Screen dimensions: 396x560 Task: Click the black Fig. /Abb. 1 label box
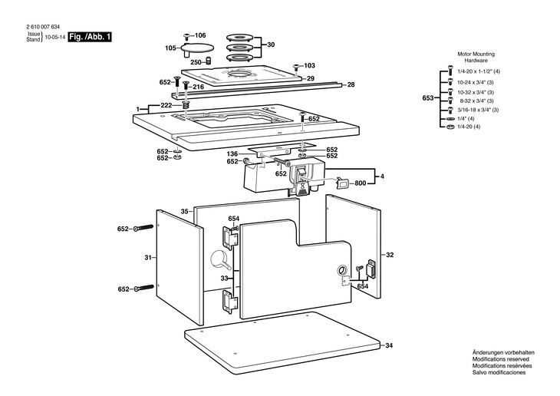89,36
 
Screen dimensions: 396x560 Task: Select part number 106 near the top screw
200,36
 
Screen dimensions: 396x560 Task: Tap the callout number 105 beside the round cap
170,48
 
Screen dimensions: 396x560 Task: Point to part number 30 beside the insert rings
270,45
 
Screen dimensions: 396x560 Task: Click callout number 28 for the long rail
351,84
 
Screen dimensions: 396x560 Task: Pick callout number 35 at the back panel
184,211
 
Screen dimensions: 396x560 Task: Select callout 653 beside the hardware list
428,98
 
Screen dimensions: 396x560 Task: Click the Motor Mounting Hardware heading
476,57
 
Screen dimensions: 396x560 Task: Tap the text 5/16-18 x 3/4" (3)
479,110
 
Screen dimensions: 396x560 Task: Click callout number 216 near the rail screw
198,87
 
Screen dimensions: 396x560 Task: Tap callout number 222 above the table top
166,105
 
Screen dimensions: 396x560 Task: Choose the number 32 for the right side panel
389,255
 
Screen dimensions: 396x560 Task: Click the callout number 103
310,65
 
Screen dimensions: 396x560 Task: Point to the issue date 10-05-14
54,37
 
